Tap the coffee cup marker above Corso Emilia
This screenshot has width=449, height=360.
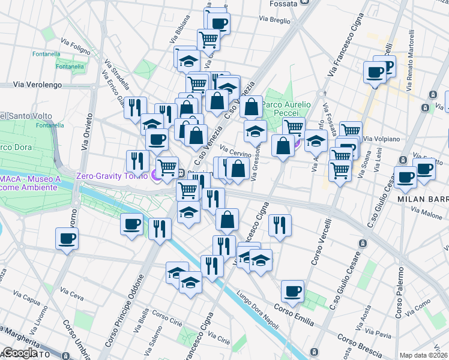tap(293, 291)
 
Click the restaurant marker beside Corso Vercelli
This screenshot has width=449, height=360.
tap(280, 225)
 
